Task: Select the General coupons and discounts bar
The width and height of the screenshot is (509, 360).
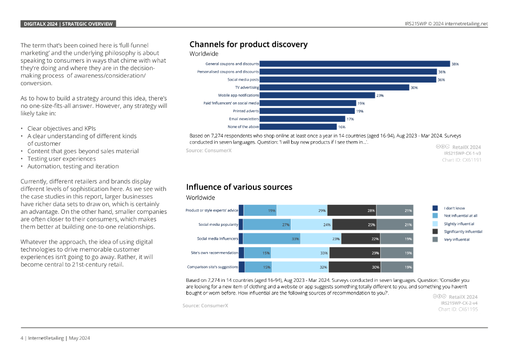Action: (354, 64)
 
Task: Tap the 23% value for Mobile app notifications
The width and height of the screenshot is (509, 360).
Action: (380, 95)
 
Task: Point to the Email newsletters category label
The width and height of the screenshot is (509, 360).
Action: (244, 119)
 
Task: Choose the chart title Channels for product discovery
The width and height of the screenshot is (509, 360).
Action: (249, 45)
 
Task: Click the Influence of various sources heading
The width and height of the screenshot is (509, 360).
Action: (239, 187)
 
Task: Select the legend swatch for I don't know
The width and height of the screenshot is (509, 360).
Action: (435, 208)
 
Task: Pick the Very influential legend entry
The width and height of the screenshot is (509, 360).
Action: (456, 239)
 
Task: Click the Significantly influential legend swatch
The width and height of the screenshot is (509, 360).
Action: (435, 231)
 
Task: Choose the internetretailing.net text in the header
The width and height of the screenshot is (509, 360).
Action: (467, 24)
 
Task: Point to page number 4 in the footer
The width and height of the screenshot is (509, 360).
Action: (22, 338)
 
